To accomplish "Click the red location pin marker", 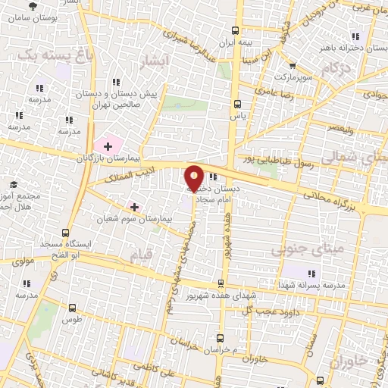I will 194,177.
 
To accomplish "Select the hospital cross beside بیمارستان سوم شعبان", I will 134,206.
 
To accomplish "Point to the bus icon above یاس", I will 237,105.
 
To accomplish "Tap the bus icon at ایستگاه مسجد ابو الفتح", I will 66,233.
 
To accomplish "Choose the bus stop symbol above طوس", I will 71,308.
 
